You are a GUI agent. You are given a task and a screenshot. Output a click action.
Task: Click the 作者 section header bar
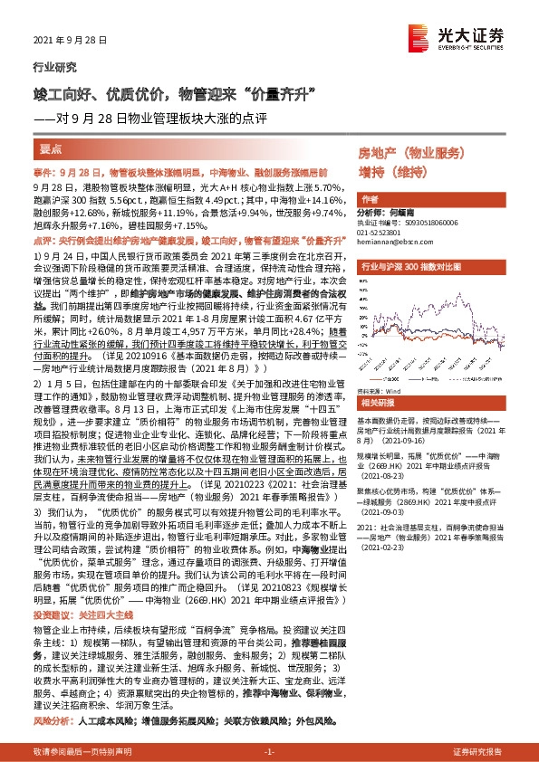[370, 199]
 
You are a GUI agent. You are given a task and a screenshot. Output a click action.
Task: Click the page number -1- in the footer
[269, 752]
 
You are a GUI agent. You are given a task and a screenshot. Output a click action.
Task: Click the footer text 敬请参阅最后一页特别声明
[81, 752]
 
